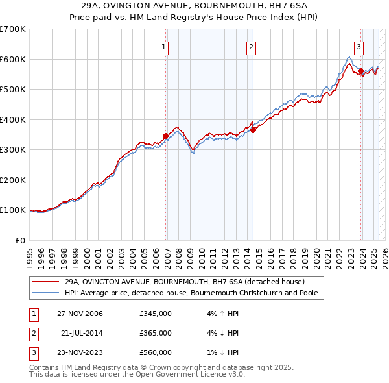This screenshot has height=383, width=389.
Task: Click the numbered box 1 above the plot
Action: [163, 46]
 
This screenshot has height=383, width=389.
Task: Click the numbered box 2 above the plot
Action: [251, 46]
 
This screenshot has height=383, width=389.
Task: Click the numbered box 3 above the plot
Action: [359, 46]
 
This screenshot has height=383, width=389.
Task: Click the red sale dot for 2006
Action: [165, 136]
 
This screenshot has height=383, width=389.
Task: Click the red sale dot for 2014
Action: [253, 130]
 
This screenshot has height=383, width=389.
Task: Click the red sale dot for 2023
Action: [361, 71]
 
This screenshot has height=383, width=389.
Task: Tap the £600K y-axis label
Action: [13, 59]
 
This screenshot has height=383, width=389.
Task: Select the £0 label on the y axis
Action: [19, 240]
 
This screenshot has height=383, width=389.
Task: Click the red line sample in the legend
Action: [45, 282]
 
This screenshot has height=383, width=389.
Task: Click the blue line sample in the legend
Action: [45, 293]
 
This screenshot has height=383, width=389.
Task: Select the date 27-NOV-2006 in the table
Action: [80, 314]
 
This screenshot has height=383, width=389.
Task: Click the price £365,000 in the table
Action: [156, 333]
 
